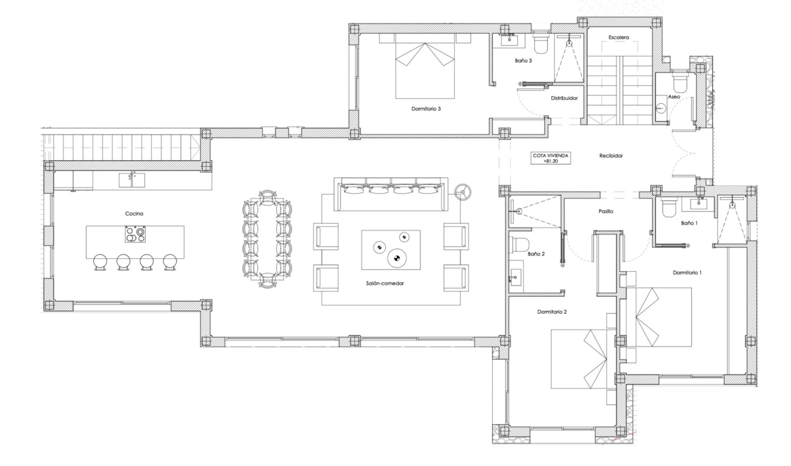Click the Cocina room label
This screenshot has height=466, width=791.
[x=134, y=214]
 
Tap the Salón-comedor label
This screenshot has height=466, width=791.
[x=385, y=283]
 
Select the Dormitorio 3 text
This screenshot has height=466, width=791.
[x=426, y=109]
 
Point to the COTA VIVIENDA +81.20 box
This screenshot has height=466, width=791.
[x=551, y=158]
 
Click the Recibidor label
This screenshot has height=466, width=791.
[x=611, y=156]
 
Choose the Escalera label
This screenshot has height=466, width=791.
[x=619, y=37]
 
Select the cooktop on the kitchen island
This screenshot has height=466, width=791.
[x=135, y=234]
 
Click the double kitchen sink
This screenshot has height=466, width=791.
[x=131, y=180]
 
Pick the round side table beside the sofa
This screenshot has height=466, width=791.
[x=462, y=192]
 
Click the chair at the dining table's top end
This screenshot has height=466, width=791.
[x=267, y=197]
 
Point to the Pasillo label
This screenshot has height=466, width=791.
[x=606, y=211]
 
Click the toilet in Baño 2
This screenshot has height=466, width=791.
[x=520, y=244]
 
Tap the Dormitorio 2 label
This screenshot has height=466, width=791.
[x=552, y=312]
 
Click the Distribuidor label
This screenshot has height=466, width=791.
[x=565, y=98]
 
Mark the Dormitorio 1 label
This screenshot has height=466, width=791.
[x=687, y=272]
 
